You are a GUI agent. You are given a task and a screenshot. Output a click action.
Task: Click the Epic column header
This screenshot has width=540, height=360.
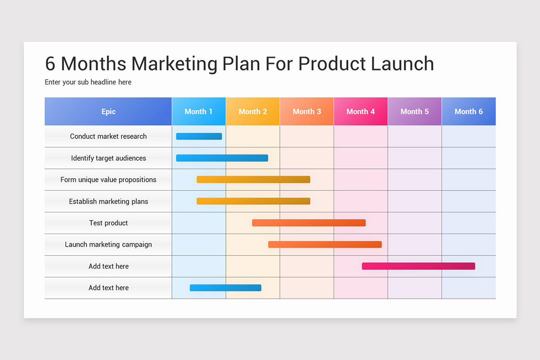[x=108, y=112]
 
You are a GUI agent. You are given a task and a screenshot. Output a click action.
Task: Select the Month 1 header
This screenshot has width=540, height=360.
[x=199, y=112]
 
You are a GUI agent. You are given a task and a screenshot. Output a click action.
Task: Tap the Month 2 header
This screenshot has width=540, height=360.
[x=253, y=112]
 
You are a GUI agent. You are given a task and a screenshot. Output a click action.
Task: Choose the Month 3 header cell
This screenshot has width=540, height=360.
[x=307, y=112]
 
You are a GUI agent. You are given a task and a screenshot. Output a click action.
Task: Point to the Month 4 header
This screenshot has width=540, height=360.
[x=361, y=112]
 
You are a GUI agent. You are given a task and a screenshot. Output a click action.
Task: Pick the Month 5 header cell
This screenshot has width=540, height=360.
[x=415, y=112]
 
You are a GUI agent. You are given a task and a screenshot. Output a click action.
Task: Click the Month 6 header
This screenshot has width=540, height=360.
[x=469, y=112]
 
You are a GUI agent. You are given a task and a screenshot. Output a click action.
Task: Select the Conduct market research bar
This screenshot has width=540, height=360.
[x=199, y=136]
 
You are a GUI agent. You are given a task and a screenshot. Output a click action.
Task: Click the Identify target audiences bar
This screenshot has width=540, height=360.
[x=222, y=158]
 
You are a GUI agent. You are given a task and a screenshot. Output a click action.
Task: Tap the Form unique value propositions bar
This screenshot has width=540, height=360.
[x=253, y=180]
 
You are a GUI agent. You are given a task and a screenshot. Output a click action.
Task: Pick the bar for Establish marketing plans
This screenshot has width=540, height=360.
[x=253, y=201]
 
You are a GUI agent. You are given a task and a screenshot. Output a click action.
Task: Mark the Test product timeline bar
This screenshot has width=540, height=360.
[x=309, y=223]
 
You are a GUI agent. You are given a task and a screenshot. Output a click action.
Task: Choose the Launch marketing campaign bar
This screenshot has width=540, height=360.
[x=325, y=244]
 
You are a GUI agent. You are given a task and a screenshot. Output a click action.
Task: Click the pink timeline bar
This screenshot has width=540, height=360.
[x=418, y=266]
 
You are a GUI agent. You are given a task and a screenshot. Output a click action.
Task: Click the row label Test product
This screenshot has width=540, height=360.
[x=108, y=223]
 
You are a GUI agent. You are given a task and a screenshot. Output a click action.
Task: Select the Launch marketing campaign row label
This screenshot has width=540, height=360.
[x=108, y=244]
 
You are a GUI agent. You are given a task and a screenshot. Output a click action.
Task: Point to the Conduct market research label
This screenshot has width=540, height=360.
[x=108, y=136]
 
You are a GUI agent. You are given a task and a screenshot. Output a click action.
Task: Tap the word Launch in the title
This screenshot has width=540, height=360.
[x=402, y=63]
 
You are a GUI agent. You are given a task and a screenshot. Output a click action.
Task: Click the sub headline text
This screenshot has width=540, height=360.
[x=88, y=82]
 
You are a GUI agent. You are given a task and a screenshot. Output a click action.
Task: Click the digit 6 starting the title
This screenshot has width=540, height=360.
[x=50, y=63]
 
